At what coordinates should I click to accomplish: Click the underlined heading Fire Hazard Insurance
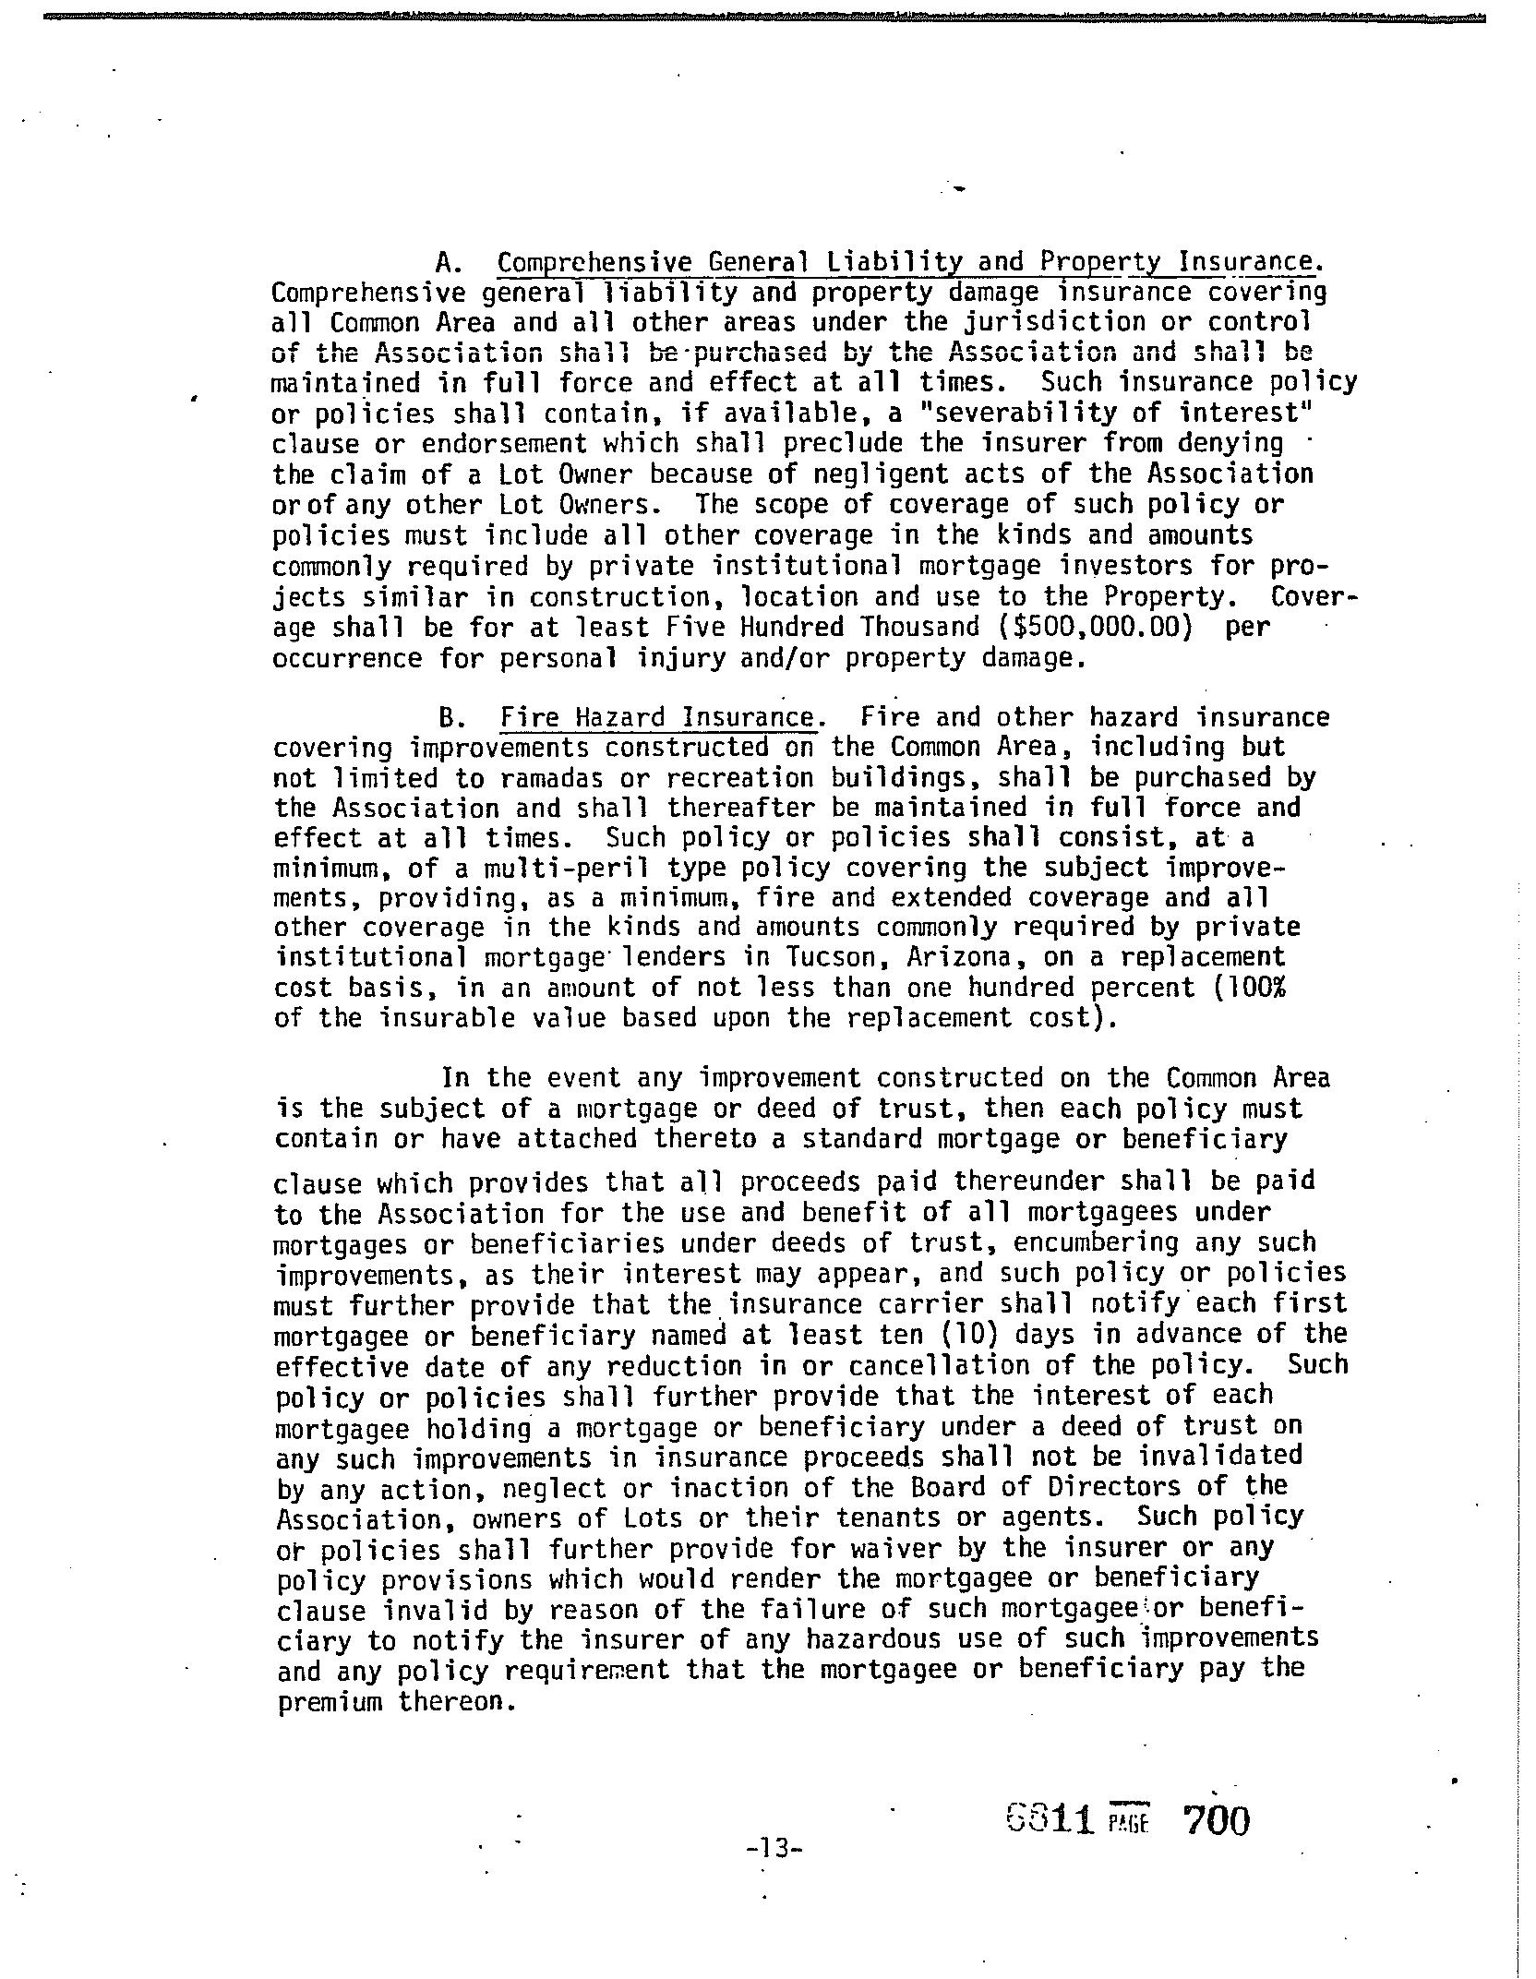[x=658, y=717]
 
